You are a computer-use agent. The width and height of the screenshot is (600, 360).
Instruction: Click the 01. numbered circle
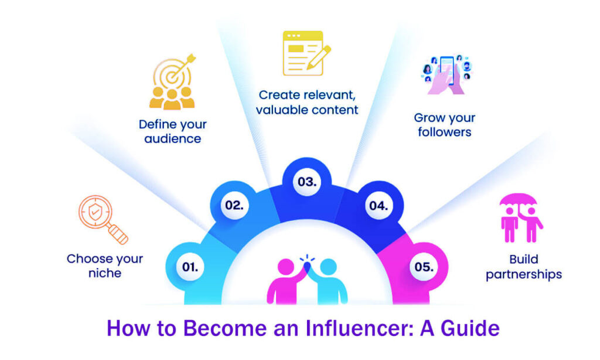[x=189, y=267]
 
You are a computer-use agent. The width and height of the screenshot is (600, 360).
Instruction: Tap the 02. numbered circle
[x=233, y=205]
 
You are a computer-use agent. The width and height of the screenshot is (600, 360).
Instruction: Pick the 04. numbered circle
[x=378, y=205]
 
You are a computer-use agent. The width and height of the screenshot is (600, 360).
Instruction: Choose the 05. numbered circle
[x=424, y=267]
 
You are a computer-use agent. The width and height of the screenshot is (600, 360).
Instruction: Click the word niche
[x=104, y=273]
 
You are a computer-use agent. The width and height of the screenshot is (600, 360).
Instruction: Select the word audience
[x=173, y=139]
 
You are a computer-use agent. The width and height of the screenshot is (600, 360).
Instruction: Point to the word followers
[x=444, y=132]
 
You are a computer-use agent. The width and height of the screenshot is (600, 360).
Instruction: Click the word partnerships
[x=524, y=274]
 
